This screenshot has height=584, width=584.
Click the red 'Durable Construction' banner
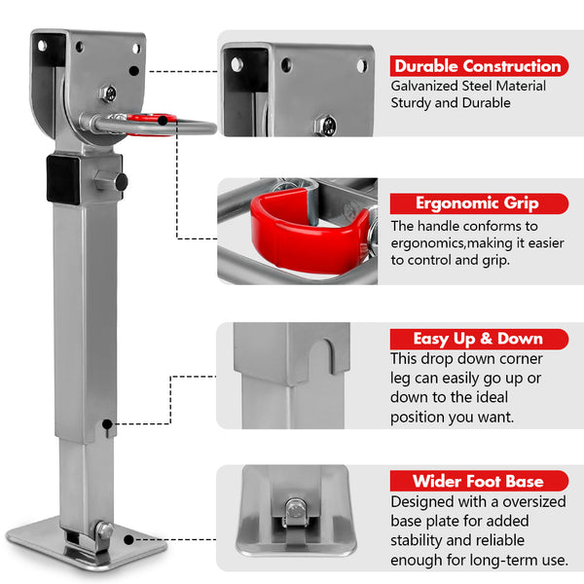click(478, 66)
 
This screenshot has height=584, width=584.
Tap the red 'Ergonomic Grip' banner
click(478, 203)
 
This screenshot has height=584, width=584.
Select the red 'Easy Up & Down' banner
click(478, 339)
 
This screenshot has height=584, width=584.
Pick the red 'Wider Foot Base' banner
click(478, 481)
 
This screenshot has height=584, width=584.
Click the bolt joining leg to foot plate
click(104, 530)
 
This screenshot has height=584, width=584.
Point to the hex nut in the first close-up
click(329, 124)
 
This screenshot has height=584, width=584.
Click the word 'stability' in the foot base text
click(419, 541)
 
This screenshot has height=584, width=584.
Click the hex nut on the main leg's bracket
click(109, 93)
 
